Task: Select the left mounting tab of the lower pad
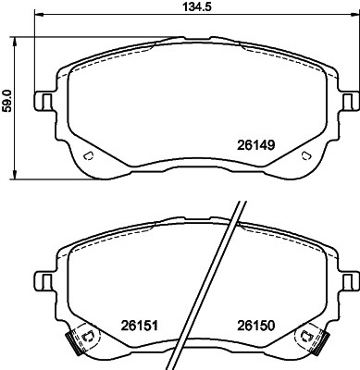[x=43, y=279]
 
